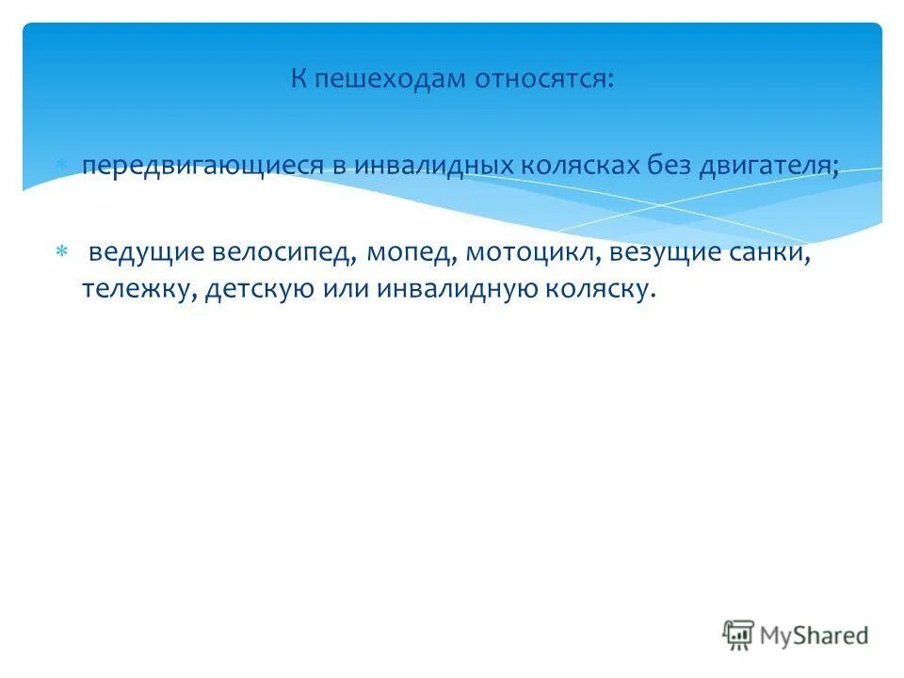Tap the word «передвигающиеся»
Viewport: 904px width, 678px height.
(x=201, y=166)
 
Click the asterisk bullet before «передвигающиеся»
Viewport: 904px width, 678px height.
(x=61, y=165)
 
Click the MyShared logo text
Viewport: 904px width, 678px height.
(x=812, y=636)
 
